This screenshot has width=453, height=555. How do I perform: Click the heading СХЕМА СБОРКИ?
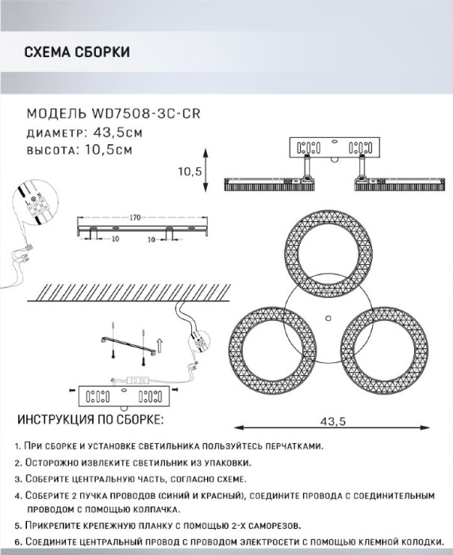77,52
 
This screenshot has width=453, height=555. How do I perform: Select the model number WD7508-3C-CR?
146,113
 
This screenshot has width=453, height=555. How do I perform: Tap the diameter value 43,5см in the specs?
117,132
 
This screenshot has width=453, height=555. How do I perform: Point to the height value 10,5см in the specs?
109,150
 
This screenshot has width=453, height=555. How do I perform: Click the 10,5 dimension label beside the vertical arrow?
190,171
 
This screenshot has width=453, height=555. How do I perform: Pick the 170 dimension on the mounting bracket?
135,217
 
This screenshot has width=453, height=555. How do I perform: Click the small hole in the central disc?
328,318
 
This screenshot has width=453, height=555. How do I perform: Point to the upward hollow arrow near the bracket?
159,345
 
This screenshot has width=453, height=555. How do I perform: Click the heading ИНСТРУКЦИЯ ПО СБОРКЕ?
90,419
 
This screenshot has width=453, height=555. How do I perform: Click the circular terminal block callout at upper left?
34,203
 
